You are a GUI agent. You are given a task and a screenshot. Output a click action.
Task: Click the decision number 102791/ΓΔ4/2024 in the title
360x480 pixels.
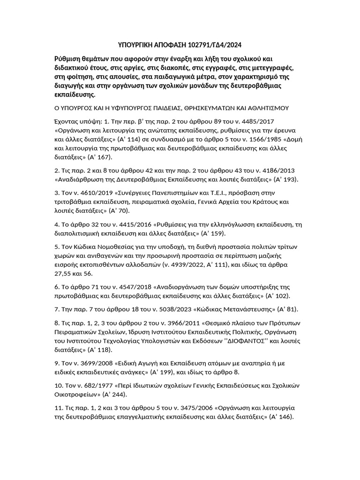click(x=215, y=45)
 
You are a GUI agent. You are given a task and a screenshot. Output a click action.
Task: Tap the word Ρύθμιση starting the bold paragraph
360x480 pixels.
click(x=68, y=59)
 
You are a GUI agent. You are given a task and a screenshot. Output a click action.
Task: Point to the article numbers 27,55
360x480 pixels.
click(x=64, y=273)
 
